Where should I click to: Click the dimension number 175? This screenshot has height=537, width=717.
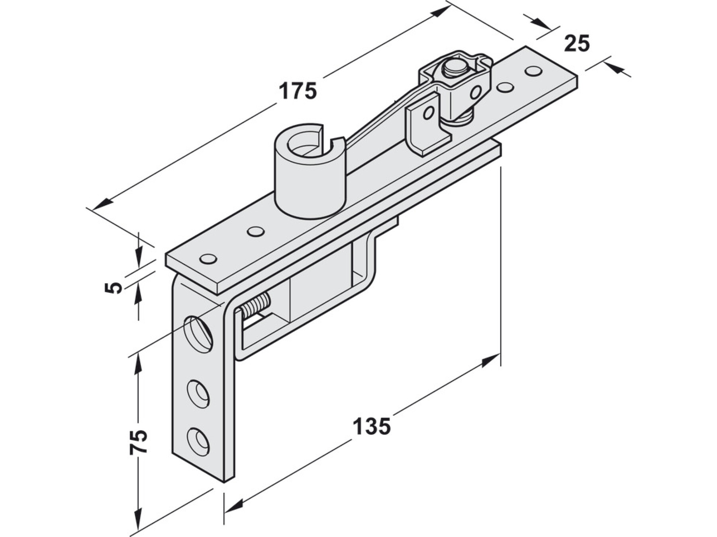point(298,91)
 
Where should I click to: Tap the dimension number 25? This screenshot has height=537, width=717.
point(576,43)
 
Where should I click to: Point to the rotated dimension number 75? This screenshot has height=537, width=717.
point(139,442)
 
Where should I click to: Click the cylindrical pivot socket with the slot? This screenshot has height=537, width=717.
point(310,171)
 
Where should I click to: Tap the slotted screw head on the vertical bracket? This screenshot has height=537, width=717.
point(198,334)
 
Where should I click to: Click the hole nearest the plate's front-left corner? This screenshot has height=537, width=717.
point(208,259)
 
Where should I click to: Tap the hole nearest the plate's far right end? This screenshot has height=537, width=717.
point(533,72)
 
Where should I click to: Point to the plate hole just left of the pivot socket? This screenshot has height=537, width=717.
point(255,231)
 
